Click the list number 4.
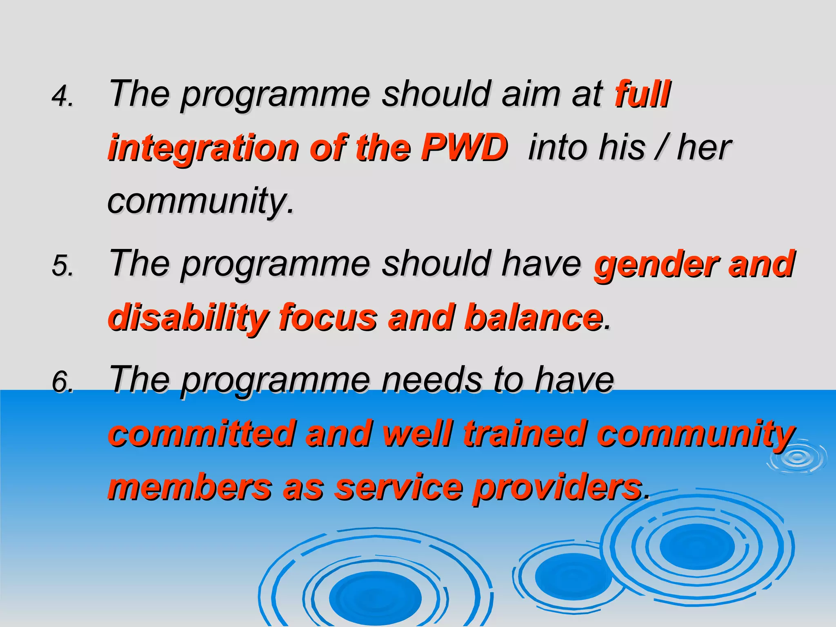pos(62,96)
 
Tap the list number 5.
pos(62,266)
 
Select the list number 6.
pos(62,382)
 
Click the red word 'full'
pos(642,94)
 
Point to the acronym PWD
pos(464,147)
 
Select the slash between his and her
pos(660,147)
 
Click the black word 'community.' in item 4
pos(200,201)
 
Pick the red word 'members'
pos(190,487)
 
